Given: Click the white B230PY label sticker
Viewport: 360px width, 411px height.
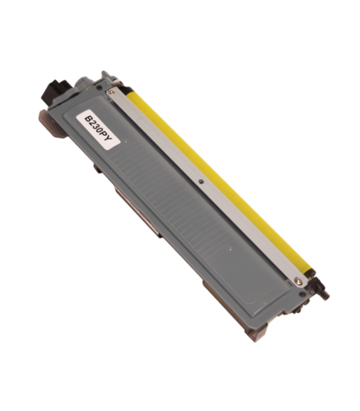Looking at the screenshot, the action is point(99,130).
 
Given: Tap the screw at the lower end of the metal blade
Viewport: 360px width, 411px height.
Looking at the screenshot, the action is point(299,280).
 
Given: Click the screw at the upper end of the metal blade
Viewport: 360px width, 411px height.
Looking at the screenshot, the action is point(112,92).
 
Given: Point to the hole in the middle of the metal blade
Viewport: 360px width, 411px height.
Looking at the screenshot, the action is point(201,182).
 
